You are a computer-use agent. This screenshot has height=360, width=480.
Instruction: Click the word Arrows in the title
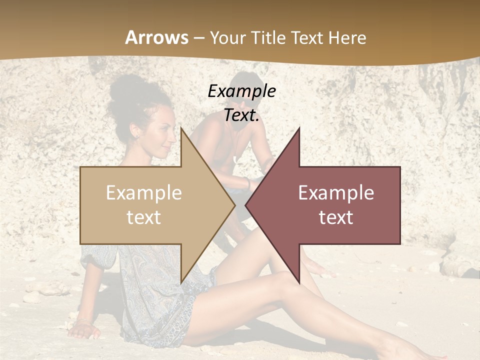[156, 37]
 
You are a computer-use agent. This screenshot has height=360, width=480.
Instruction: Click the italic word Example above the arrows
[241, 91]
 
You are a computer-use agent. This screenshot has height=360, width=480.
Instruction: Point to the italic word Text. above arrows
[241, 115]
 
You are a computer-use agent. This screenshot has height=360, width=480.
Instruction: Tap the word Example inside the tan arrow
[143, 193]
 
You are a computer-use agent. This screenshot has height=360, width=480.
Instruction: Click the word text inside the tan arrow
[143, 217]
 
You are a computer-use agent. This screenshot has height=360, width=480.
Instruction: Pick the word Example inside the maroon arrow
[336, 193]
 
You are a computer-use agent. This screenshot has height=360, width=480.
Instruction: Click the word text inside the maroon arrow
[336, 217]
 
